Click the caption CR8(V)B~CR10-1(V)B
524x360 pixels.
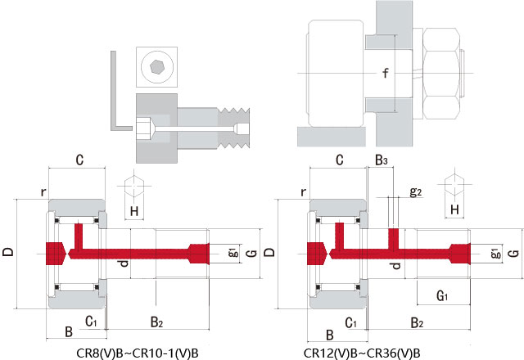click(136, 353)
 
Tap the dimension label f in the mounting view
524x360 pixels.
click(386, 74)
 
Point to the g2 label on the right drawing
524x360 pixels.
click(415, 192)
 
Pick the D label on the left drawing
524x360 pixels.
click(7, 254)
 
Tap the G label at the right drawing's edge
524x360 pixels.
click(513, 254)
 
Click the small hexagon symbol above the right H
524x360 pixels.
click(454, 185)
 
